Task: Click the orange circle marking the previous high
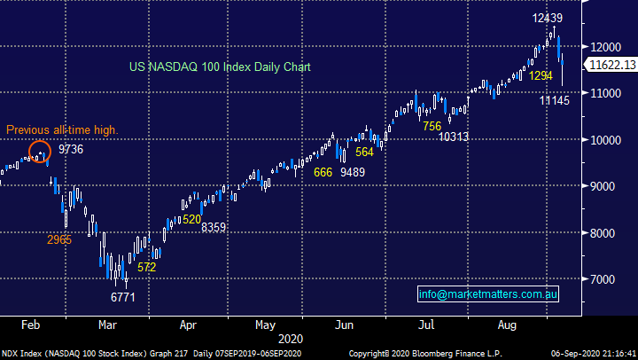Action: point(40,153)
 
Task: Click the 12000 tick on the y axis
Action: point(606,46)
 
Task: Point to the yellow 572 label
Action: point(147,267)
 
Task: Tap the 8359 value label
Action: point(214,228)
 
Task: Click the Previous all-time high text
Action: point(62,130)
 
